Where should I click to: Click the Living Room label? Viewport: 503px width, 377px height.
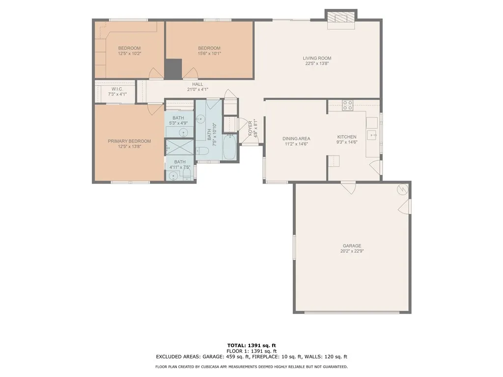(x=317, y=58)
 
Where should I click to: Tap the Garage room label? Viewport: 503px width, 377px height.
(x=352, y=246)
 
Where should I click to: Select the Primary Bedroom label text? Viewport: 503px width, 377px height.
(x=129, y=141)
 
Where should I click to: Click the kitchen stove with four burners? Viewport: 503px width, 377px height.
(x=347, y=106)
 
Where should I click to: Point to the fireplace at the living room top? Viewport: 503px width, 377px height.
(x=341, y=19)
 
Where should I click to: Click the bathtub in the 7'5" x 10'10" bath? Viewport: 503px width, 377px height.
(x=229, y=147)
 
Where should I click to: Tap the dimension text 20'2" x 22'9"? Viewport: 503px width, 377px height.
(x=352, y=251)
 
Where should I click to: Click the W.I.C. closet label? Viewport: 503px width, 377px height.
(x=117, y=89)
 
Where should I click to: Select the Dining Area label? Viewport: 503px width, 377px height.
(x=296, y=139)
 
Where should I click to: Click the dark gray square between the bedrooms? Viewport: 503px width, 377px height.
(x=173, y=69)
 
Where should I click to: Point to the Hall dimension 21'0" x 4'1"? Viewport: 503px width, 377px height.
(x=197, y=90)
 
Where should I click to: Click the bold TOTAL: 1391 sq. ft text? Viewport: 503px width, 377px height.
(x=251, y=346)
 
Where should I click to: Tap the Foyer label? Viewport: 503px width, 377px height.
(x=250, y=128)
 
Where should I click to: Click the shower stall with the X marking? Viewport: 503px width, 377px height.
(x=180, y=147)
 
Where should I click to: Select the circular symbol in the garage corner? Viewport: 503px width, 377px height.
(x=402, y=189)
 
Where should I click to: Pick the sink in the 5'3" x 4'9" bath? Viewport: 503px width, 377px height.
(x=183, y=132)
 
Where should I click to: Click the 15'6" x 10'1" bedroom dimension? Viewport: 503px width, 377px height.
(x=209, y=54)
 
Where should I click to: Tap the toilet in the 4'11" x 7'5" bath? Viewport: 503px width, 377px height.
(x=187, y=173)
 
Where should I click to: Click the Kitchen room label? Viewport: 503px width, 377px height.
(x=347, y=137)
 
